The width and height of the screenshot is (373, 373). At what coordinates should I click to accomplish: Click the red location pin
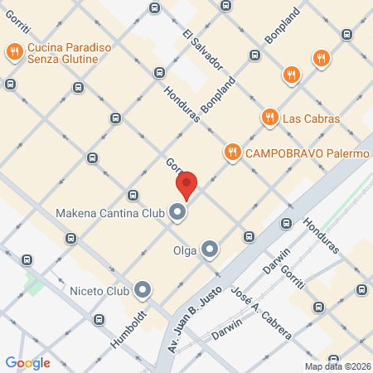[186, 185]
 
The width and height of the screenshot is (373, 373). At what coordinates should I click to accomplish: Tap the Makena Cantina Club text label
[111, 213]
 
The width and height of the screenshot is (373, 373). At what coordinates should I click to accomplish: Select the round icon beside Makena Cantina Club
[177, 213]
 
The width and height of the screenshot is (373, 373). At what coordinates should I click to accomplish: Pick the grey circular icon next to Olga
[210, 249]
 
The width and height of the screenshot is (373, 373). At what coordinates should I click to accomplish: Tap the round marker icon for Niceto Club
[143, 290]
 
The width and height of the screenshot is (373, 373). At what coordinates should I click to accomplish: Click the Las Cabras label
[311, 119]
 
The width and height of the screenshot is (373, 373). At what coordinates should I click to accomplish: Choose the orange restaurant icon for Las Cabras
[269, 119]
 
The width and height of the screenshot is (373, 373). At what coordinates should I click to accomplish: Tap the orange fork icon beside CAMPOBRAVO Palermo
[232, 153]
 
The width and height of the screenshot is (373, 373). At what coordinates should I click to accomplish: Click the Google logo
[27, 362]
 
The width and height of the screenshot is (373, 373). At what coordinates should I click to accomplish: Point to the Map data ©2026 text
[337, 366]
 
